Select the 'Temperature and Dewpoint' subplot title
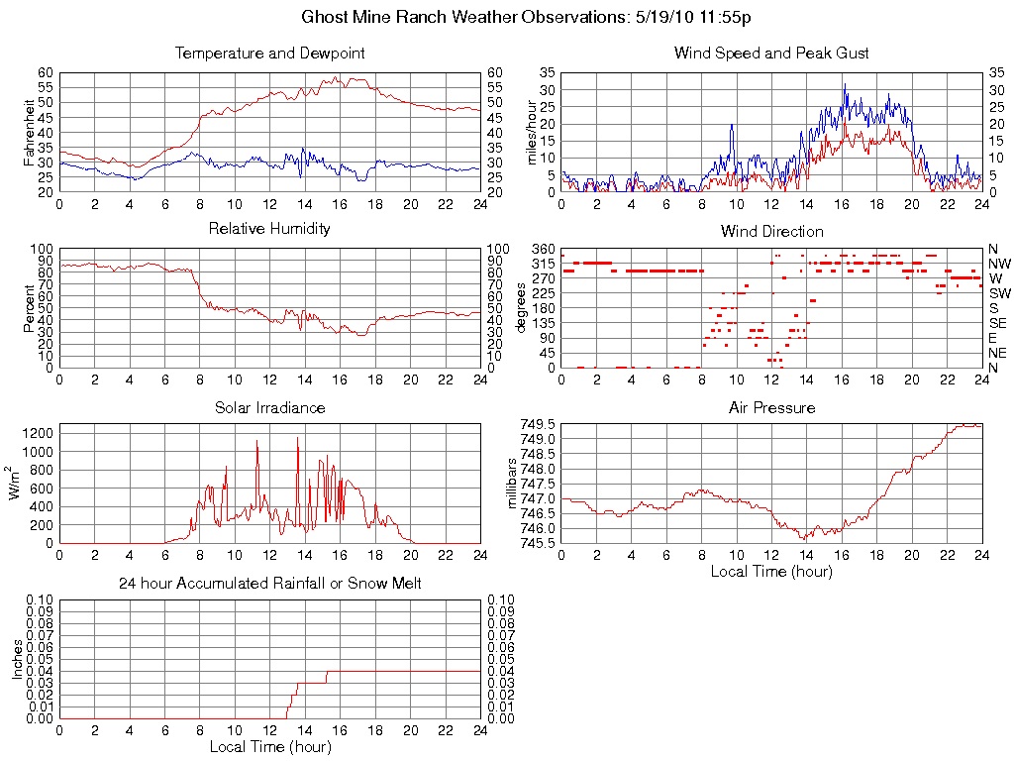269,53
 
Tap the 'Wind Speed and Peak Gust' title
771,53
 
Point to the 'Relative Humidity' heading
269,229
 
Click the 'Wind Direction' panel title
771,231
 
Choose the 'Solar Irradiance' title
269,407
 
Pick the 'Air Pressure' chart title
771,407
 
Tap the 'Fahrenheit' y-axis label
29,132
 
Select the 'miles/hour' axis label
531,132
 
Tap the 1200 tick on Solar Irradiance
40,433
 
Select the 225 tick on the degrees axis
544,293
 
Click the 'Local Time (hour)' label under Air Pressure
771,571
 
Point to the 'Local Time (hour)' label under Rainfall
269,746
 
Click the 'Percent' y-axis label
29,308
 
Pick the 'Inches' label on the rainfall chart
17,659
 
